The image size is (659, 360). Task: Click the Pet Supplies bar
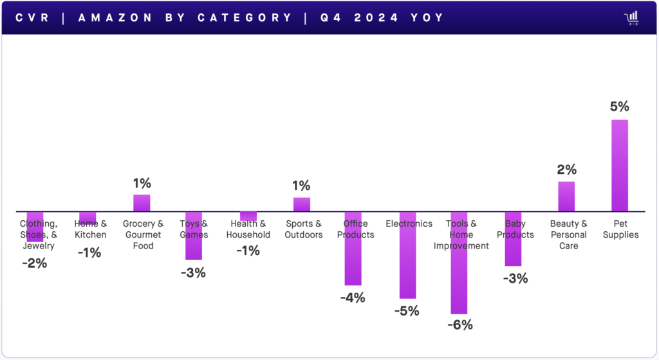point(619,166)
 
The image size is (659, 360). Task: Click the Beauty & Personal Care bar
point(566,196)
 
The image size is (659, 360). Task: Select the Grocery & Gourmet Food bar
point(142,203)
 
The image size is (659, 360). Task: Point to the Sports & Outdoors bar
point(302,204)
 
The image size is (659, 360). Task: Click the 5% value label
point(619,107)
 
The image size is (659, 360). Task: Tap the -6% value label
point(459,325)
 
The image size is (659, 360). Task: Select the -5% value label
point(406,311)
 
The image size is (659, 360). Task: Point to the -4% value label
point(352,298)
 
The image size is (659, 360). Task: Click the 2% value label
point(567,170)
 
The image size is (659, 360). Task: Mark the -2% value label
point(34,263)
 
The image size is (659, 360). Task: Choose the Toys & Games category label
point(194,229)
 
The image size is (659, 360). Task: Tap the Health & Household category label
point(248,229)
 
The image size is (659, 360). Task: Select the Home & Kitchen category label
point(91,229)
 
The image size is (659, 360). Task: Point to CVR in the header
point(33,17)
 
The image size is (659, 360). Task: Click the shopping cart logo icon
point(631,17)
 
